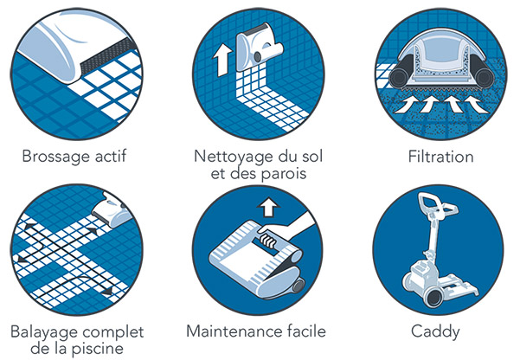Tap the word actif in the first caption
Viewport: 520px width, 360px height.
click(109, 158)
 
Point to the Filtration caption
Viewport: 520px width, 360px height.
click(443, 158)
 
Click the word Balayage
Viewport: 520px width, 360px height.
click(40, 332)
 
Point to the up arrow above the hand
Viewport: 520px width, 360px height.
click(268, 207)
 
